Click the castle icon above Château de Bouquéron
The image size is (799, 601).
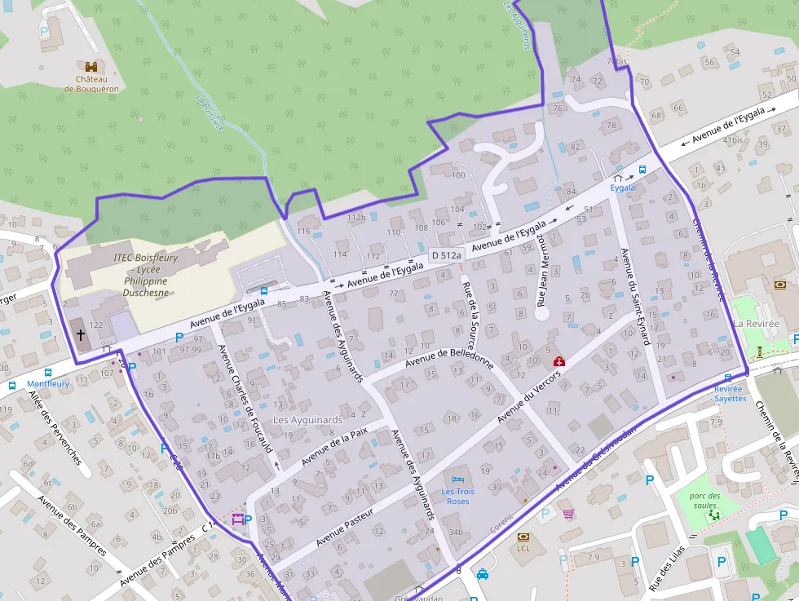(x=90, y=65)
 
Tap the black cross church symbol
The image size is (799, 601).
(x=81, y=334)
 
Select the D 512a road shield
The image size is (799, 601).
(x=446, y=255)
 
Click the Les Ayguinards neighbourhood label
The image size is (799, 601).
(x=307, y=420)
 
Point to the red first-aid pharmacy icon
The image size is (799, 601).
(x=559, y=361)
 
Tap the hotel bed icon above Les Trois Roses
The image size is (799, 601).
(x=457, y=478)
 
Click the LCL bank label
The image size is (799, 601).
(x=523, y=549)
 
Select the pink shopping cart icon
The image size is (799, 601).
(x=568, y=514)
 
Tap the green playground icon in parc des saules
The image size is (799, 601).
(x=715, y=515)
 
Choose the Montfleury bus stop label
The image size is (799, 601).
(x=49, y=384)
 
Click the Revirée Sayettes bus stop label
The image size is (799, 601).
(x=731, y=394)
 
